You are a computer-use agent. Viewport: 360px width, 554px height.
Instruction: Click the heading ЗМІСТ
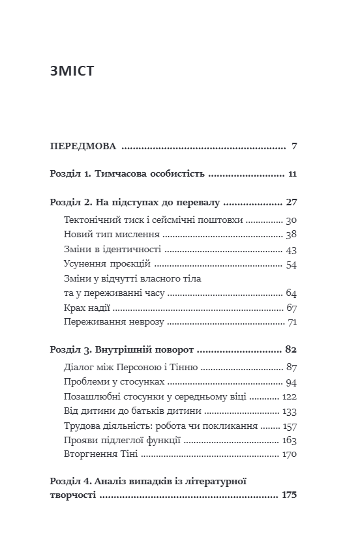(72, 70)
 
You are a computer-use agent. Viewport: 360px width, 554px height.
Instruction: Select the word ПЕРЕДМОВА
(83, 147)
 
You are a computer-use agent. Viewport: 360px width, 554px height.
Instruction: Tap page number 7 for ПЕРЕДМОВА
(295, 147)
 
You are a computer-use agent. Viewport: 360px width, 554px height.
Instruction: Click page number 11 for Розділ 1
(292, 175)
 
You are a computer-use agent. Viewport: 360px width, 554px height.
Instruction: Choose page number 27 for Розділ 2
(292, 202)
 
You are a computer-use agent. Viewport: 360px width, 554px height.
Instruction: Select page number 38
(291, 235)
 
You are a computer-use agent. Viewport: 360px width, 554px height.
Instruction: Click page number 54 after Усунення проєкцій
(291, 264)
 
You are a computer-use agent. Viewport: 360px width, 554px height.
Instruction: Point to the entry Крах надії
(87, 308)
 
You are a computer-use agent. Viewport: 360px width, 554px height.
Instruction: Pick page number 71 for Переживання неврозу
(292, 322)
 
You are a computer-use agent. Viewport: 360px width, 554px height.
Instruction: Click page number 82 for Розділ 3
(291, 349)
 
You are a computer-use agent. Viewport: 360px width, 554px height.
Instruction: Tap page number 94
(291, 382)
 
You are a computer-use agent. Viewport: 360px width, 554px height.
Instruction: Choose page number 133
(289, 411)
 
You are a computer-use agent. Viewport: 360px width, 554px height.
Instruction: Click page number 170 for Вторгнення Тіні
(288, 454)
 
